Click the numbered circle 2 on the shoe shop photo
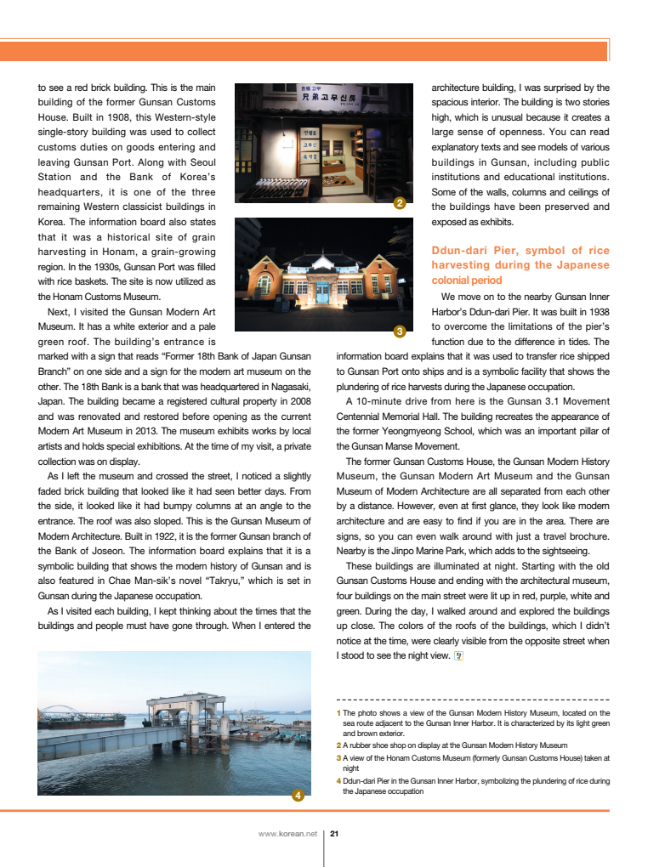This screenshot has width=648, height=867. click(x=399, y=203)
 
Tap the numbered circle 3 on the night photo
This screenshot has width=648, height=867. click(x=399, y=330)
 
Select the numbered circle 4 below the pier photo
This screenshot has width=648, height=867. click(x=298, y=796)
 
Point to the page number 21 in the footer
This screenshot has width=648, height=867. click(x=334, y=834)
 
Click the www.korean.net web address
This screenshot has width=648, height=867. click(x=287, y=834)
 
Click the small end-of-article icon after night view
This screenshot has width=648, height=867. click(x=459, y=655)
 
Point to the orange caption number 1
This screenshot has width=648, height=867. click(x=338, y=713)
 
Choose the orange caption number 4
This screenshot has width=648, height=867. click(x=338, y=780)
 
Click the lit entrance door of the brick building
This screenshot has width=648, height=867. click(x=323, y=293)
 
